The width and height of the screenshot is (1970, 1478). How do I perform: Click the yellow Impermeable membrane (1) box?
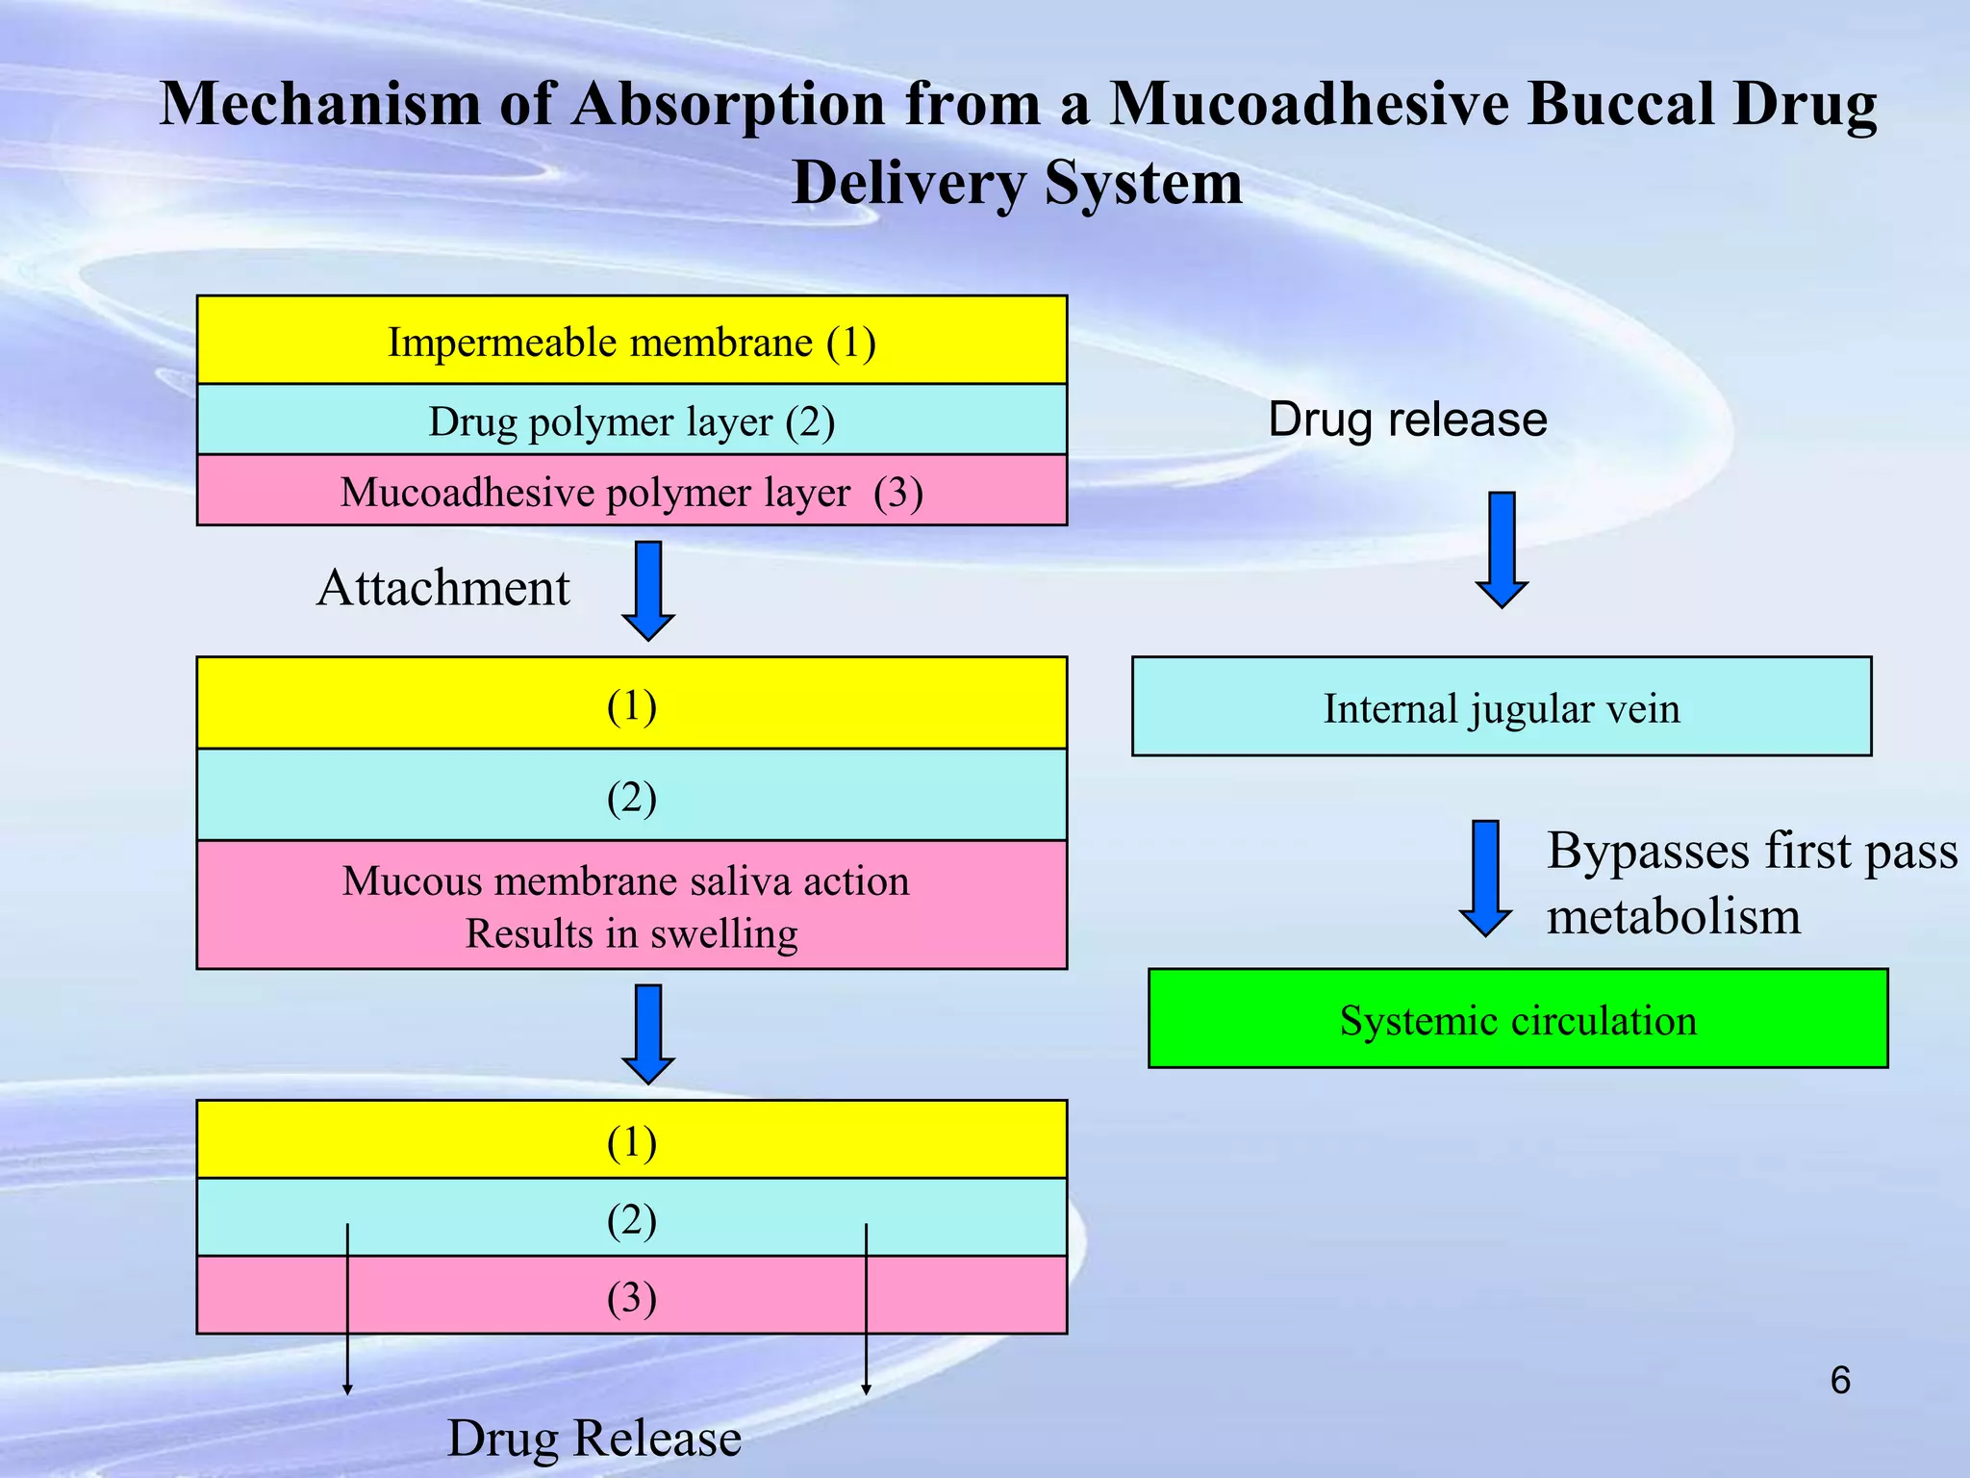coord(631,341)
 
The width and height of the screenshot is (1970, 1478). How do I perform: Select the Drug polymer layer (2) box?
coord(631,420)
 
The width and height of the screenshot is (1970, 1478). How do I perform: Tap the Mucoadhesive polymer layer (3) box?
coord(631,491)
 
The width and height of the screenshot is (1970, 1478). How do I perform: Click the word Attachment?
coord(443,588)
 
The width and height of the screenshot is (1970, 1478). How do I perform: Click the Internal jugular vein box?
coord(1501,707)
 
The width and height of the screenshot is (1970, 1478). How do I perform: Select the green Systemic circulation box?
coord(1518,1019)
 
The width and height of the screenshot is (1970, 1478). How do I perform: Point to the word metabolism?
coord(1673,915)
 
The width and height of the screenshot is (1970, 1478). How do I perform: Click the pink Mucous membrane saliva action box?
coord(631,905)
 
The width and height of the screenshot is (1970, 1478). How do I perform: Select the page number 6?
coord(1839,1381)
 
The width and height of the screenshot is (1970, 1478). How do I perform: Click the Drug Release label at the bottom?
coord(594,1439)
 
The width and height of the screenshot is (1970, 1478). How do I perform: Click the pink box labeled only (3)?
coord(631,1296)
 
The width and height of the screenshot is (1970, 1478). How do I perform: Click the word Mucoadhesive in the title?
coord(1308,104)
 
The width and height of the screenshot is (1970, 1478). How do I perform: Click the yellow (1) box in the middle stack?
coord(631,703)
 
